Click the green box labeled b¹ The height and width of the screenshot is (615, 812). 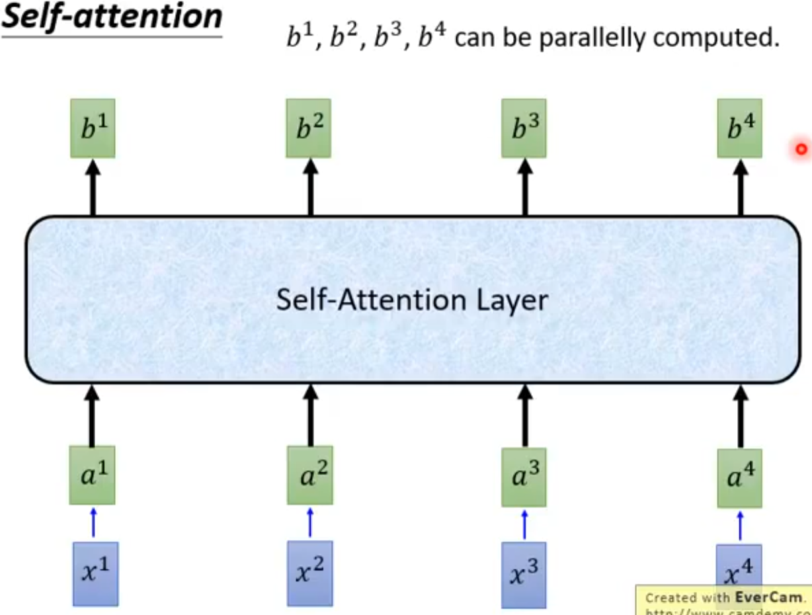93,128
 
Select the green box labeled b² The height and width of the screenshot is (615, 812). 308,128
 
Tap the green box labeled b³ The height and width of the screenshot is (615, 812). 524,128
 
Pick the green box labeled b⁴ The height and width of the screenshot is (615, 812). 739,128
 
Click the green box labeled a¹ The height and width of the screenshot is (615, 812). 93,475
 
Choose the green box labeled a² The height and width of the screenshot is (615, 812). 309,475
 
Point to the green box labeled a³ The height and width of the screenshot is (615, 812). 524,477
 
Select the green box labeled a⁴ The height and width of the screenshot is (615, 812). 739,478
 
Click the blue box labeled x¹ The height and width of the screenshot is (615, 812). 95,573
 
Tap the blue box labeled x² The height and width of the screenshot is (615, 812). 309,573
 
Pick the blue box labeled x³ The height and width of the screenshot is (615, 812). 524,575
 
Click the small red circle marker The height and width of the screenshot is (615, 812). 801,149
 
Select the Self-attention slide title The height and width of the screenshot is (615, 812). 112,18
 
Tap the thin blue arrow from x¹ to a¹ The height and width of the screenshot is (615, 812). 93,523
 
